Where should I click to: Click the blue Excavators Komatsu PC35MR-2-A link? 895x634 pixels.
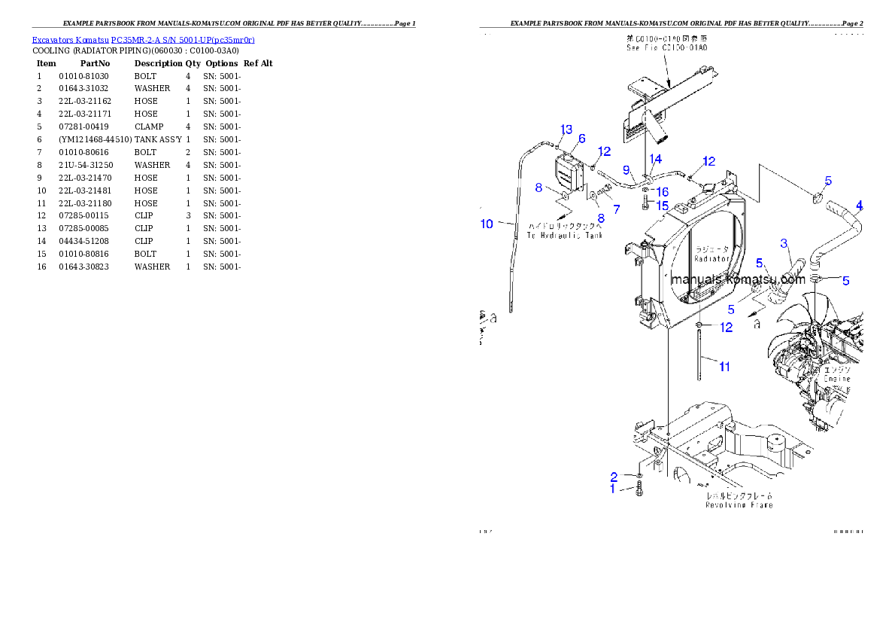[x=143, y=40]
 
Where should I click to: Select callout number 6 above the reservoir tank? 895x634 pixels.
[x=581, y=139]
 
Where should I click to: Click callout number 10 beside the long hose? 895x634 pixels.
[x=487, y=224]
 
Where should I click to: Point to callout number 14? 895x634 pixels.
[x=656, y=159]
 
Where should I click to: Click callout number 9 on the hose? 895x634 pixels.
[x=626, y=169]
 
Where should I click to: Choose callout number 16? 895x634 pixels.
[x=663, y=192]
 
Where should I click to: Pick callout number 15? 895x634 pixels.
[x=661, y=205]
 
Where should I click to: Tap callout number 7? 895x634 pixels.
[x=616, y=208]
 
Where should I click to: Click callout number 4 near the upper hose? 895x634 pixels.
[x=860, y=206]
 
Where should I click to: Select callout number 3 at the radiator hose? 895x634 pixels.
[x=784, y=243]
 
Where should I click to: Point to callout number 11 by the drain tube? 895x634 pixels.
[x=724, y=367]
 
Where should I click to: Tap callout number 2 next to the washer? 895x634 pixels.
[x=614, y=477]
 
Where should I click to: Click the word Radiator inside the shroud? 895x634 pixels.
[x=713, y=258]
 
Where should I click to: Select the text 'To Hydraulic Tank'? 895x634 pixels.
[x=564, y=235]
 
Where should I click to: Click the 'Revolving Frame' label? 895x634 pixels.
[x=739, y=505]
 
